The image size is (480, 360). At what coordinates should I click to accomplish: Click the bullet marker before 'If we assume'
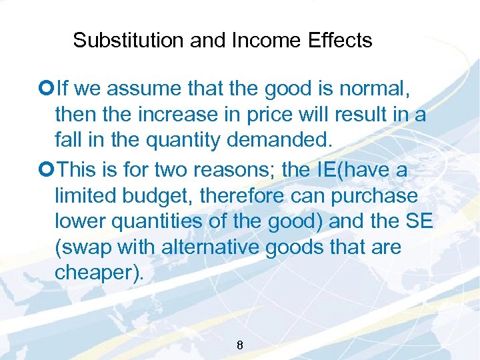tap(49, 87)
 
